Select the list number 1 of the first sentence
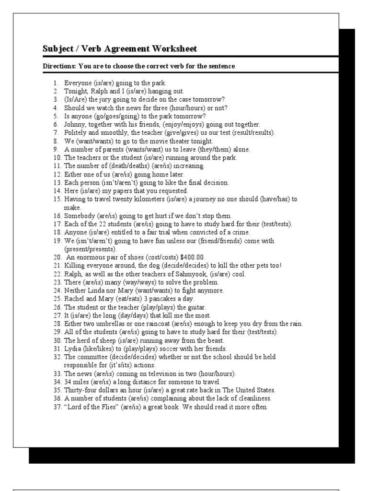point(56,83)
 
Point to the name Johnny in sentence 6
point(75,124)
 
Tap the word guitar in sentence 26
point(196,307)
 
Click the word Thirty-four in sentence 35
point(80,390)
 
